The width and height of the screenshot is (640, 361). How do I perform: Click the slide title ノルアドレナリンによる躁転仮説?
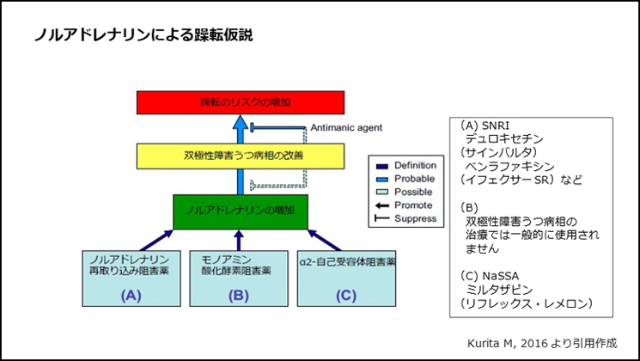click(x=144, y=35)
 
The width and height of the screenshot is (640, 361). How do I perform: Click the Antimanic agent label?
click(x=347, y=127)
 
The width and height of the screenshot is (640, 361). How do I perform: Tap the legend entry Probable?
click(x=411, y=179)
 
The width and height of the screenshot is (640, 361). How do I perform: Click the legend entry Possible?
click(x=411, y=192)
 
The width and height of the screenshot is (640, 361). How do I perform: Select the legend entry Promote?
click(x=411, y=205)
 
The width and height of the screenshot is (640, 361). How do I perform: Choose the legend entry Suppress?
click(x=412, y=219)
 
